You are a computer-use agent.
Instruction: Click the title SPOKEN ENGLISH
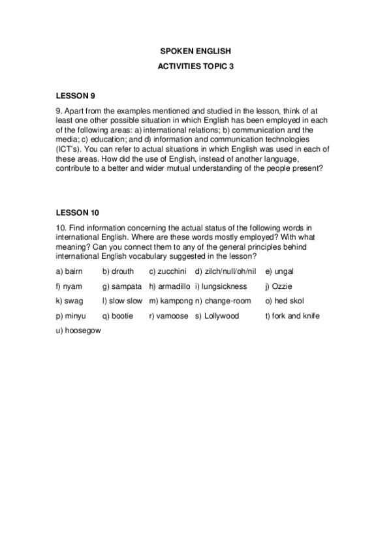point(195,50)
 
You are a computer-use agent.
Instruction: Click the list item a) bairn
point(69,271)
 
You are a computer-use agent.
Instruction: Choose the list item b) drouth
point(117,271)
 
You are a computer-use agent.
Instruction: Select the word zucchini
point(172,271)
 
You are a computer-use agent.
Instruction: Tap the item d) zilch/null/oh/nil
point(225,271)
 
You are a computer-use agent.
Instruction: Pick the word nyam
point(72,286)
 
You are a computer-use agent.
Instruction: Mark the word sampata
point(126,286)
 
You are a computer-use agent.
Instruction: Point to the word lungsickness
point(225,286)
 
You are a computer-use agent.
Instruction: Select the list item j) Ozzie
point(279,286)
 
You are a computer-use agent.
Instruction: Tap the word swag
point(74,301)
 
